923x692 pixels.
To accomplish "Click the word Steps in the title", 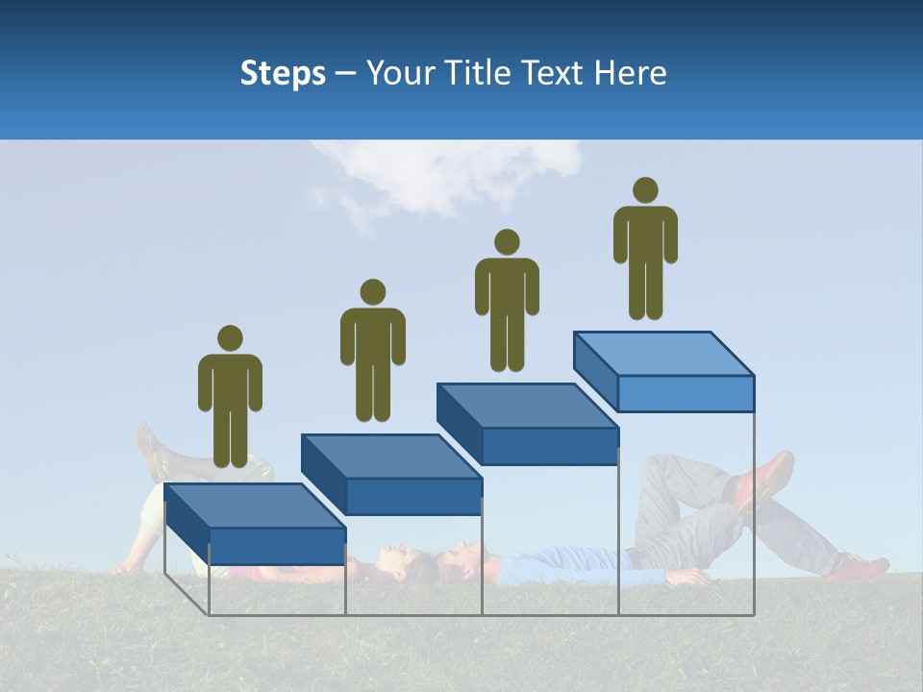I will (x=283, y=73).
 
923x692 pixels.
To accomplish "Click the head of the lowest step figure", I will (x=230, y=338).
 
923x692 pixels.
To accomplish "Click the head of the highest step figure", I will (x=645, y=190).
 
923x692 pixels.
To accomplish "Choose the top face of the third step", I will (x=527, y=406).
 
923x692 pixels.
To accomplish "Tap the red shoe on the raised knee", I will (x=765, y=478).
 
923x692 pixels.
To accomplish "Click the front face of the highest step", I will (x=685, y=393).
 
